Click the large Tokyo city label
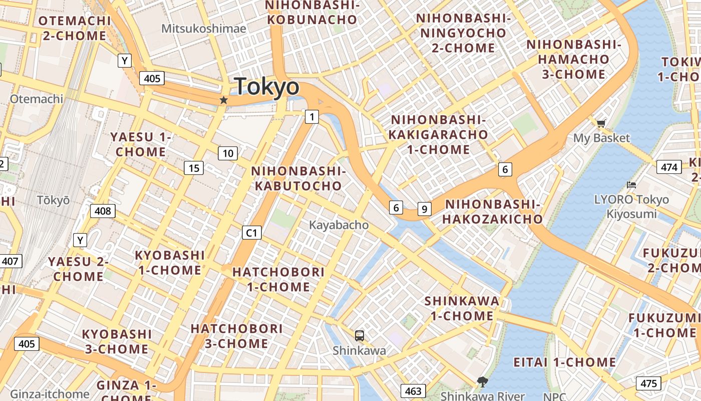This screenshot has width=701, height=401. [266, 87]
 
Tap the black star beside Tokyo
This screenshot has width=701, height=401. [224, 100]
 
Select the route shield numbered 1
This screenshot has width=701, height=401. [312, 117]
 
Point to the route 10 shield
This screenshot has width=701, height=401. [228, 153]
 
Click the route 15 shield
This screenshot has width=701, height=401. [194, 168]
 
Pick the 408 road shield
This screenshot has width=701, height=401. [103, 211]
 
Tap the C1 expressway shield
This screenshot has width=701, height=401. [251, 233]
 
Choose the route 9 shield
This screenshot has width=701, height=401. [424, 209]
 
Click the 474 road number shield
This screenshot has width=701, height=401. [669, 167]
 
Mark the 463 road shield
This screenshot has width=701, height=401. [413, 390]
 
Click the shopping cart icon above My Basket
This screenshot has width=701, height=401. [601, 123]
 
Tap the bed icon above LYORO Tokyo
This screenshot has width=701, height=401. [631, 185]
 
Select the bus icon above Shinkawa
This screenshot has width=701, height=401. [359, 335]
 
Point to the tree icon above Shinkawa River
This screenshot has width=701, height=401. [483, 382]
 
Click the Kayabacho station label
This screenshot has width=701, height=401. [338, 225]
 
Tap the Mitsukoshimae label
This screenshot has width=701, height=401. [203, 29]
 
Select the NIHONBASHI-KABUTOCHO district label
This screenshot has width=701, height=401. [298, 178]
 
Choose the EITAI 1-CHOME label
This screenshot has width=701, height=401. [564, 362]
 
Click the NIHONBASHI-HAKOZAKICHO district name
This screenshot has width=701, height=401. [493, 212]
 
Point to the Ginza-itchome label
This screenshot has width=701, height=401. [50, 394]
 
